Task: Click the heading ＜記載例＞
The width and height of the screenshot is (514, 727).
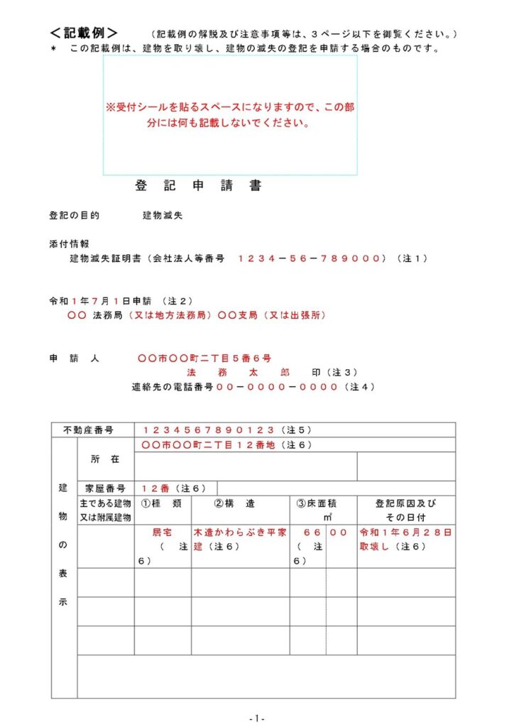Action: [x=84, y=33]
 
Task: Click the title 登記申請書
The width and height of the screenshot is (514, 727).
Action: [x=198, y=186]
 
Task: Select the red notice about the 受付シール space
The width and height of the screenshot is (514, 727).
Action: [x=230, y=114]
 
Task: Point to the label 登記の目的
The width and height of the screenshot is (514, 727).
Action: [x=74, y=215]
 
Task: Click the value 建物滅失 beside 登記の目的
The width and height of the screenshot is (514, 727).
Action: [x=163, y=215]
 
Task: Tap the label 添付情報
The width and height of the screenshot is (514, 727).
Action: [x=69, y=244]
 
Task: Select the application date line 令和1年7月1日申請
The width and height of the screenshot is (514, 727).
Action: [x=104, y=301]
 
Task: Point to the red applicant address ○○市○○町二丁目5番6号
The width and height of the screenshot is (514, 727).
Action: [x=204, y=358]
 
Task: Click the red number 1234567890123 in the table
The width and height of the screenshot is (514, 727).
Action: [x=207, y=430]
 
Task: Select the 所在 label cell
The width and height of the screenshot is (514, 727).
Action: [x=105, y=459]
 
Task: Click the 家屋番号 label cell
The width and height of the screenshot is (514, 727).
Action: [x=105, y=488]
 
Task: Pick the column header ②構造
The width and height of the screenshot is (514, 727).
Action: [x=239, y=503]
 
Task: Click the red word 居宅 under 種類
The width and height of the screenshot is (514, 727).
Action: [x=163, y=532]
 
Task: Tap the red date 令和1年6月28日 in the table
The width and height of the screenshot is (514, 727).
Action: [x=406, y=532]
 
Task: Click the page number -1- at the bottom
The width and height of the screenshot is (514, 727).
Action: [x=257, y=718]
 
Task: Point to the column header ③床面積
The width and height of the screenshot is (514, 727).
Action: [x=317, y=503]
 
